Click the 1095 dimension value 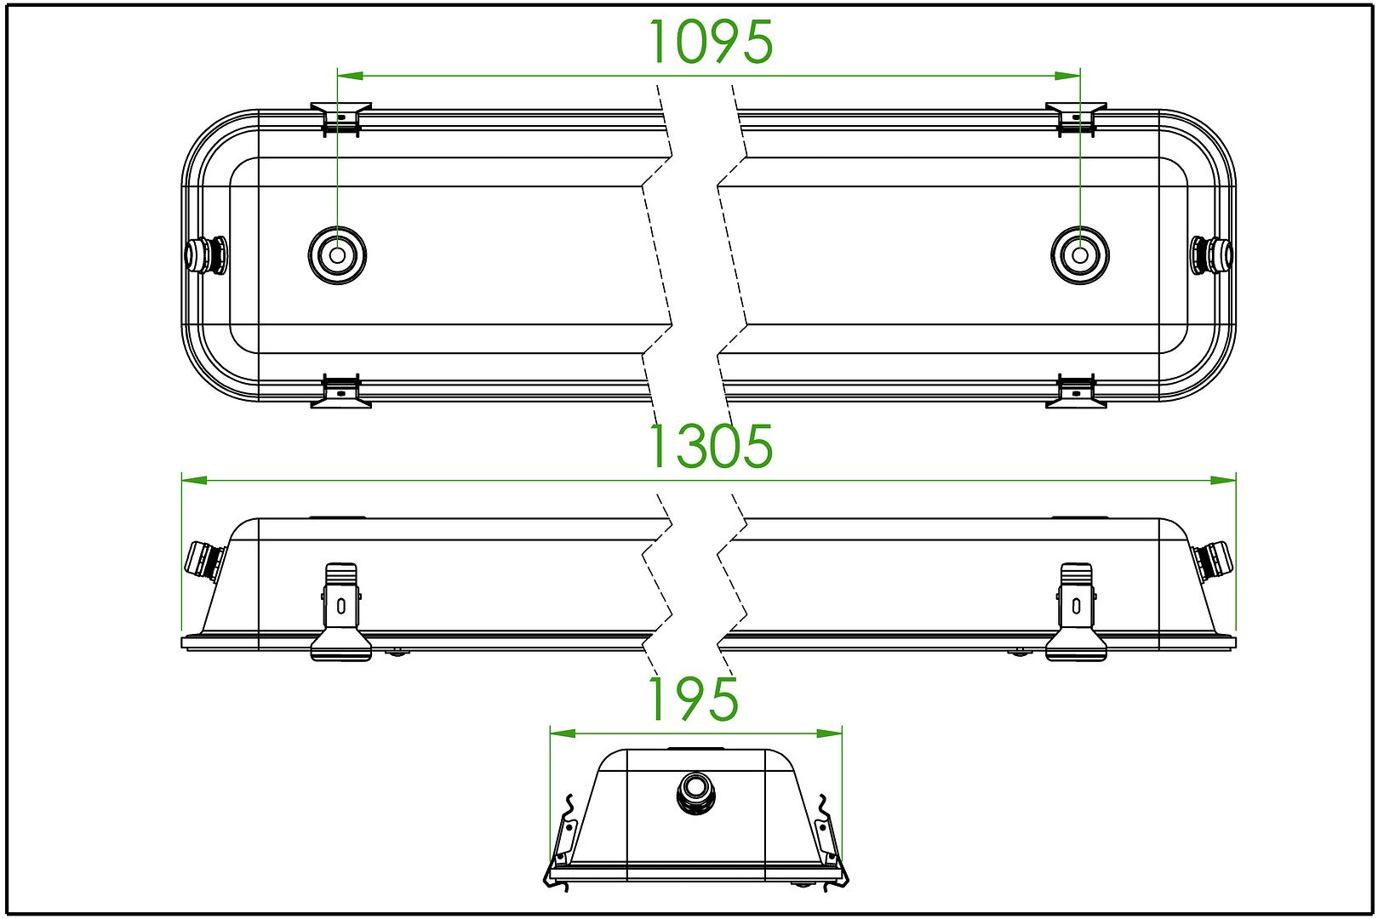[712, 42]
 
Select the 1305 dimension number [712, 446]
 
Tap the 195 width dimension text [694, 699]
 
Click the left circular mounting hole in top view [337, 255]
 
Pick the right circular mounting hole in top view [1079, 255]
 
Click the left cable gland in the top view [205, 254]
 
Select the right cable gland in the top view [1211, 254]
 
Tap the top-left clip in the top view [340, 119]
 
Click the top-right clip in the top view [1076, 119]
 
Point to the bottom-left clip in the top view [340, 391]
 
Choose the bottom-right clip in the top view [1076, 391]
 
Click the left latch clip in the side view [340, 612]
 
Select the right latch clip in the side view [1076, 612]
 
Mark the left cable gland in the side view [205, 561]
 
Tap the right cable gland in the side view [1213, 561]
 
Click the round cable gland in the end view [695, 793]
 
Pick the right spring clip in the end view [831, 842]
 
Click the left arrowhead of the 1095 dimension [350, 76]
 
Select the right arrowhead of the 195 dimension [829, 733]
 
